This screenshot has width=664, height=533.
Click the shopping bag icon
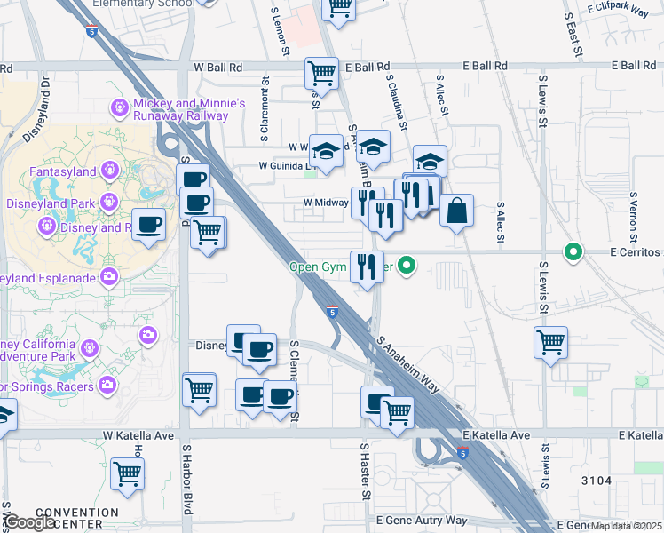point(456,211)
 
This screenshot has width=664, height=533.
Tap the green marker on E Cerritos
point(573,252)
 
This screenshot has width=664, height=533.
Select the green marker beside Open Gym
point(407,265)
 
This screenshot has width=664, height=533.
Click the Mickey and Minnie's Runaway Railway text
point(189,109)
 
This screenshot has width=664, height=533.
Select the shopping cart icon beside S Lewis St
point(550,341)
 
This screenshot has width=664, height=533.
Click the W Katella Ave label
point(138,435)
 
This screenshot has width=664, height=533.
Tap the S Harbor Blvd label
point(187,488)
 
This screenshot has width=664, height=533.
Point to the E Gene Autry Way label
point(422,520)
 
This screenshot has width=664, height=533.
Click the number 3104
point(597,481)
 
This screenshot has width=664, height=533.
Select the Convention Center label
point(79,519)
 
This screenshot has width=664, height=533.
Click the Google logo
point(30,522)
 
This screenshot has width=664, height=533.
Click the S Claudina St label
point(396,101)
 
